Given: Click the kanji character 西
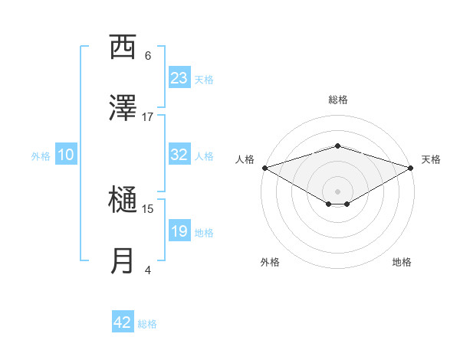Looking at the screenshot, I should pyautogui.click(x=123, y=47).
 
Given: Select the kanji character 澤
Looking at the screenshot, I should pyautogui.click(x=123, y=109).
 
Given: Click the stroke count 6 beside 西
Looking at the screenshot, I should pyautogui.click(x=148, y=55).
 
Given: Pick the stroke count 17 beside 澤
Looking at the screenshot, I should pyautogui.click(x=148, y=116).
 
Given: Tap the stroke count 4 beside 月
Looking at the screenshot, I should pyautogui.click(x=148, y=270).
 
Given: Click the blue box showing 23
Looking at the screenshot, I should pyautogui.click(x=179, y=78).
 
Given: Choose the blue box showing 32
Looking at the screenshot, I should pyautogui.click(x=179, y=155).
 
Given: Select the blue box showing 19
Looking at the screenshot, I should pyautogui.click(x=179, y=231).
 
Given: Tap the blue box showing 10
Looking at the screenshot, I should pyautogui.click(x=66, y=155).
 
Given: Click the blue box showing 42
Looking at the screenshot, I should pyautogui.click(x=123, y=323).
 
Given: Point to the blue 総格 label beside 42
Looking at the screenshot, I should pyautogui.click(x=147, y=324).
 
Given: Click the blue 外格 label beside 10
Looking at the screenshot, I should pyautogui.click(x=41, y=155).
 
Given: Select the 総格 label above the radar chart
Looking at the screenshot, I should pyautogui.click(x=337, y=100).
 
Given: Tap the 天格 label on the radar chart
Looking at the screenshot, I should pyautogui.click(x=431, y=159).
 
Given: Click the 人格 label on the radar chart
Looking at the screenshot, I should pyautogui.click(x=245, y=159).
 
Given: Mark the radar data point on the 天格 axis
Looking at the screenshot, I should pyautogui.click(x=411, y=167).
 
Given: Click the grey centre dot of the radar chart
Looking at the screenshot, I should pyautogui.click(x=337, y=190).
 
